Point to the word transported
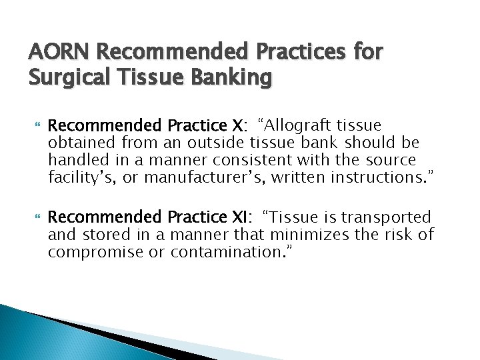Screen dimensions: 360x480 coord(393,217)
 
